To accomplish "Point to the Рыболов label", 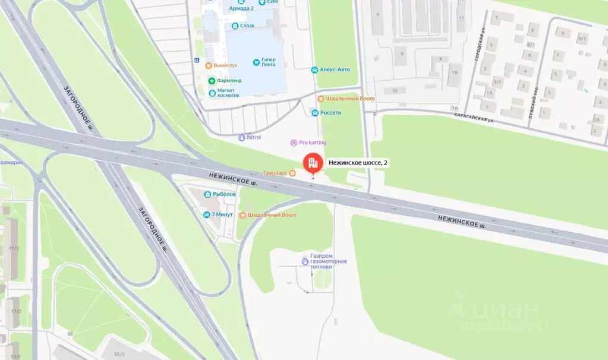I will click(224, 194).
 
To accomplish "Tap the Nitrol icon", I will click(241, 137).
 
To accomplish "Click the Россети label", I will click(330, 113).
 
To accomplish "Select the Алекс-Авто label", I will click(335, 70).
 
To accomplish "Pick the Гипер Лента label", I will click(269, 62).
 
